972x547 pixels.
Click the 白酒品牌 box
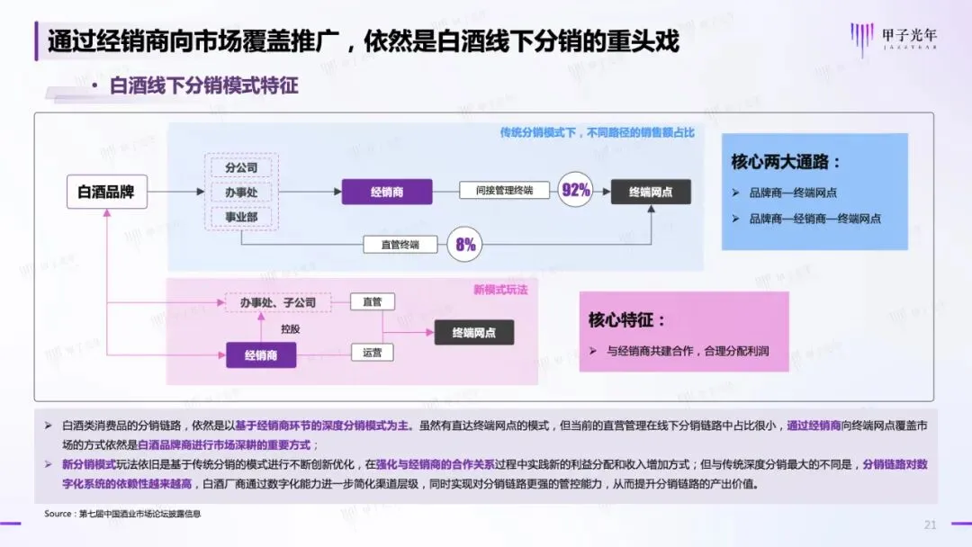pyautogui.click(x=107, y=192)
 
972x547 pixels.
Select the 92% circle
pyautogui.click(x=575, y=190)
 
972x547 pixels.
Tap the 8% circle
pyautogui.click(x=465, y=244)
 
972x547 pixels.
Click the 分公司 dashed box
pyautogui.click(x=241, y=168)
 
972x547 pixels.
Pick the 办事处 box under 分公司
pyautogui.click(x=241, y=193)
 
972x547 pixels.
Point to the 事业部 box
pyautogui.click(x=241, y=217)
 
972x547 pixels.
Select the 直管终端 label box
pyautogui.click(x=400, y=244)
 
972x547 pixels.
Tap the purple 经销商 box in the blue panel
pyautogui.click(x=386, y=192)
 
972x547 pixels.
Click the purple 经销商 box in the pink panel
pyautogui.click(x=261, y=355)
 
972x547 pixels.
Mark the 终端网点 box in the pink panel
pyautogui.click(x=474, y=332)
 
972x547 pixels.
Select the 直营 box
pyautogui.click(x=372, y=302)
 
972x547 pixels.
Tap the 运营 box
pyautogui.click(x=372, y=353)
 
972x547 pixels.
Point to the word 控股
pyautogui.click(x=291, y=328)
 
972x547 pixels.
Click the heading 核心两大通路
pyautogui.click(x=787, y=163)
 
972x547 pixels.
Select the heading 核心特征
pyautogui.click(x=628, y=320)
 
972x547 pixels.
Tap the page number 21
pyautogui.click(x=931, y=525)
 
